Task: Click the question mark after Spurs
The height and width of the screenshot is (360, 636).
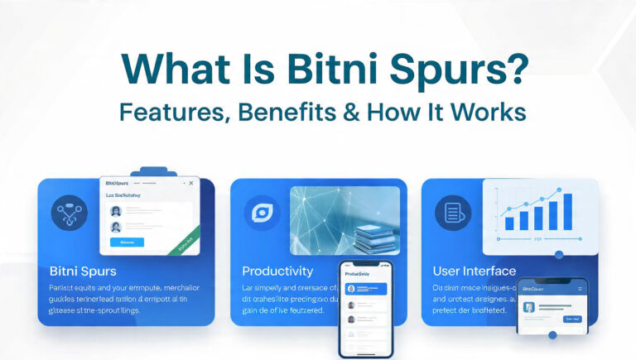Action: click(515, 69)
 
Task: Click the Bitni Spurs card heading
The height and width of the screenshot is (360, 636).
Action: click(83, 271)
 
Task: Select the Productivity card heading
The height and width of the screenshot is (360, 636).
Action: click(277, 271)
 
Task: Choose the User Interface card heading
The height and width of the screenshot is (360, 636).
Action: click(475, 271)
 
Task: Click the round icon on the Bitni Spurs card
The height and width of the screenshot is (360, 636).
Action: click(69, 213)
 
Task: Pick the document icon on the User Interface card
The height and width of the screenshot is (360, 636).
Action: click(453, 213)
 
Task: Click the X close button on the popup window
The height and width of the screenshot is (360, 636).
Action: click(190, 183)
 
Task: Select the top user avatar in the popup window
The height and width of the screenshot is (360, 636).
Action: click(116, 210)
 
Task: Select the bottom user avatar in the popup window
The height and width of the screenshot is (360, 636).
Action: click(116, 226)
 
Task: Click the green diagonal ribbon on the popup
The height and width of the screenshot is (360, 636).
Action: click(183, 242)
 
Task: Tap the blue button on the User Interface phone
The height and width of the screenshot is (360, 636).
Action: click(572, 318)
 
